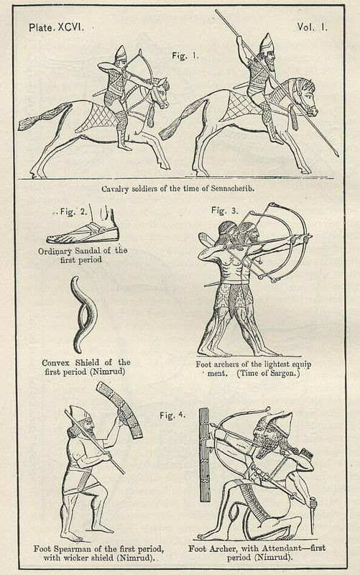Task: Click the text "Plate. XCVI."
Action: pyautogui.click(x=57, y=27)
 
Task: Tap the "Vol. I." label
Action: pyautogui.click(x=312, y=27)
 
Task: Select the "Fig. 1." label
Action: pyautogui.click(x=185, y=56)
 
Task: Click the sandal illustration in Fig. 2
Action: pyautogui.click(x=83, y=231)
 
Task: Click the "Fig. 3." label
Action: pyautogui.click(x=224, y=211)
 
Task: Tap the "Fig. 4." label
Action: pyautogui.click(x=172, y=415)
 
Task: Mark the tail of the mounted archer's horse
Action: pyautogui.click(x=43, y=117)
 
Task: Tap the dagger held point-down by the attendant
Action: pyautogui.click(x=313, y=514)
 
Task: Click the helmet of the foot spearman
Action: pyautogui.click(x=79, y=414)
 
